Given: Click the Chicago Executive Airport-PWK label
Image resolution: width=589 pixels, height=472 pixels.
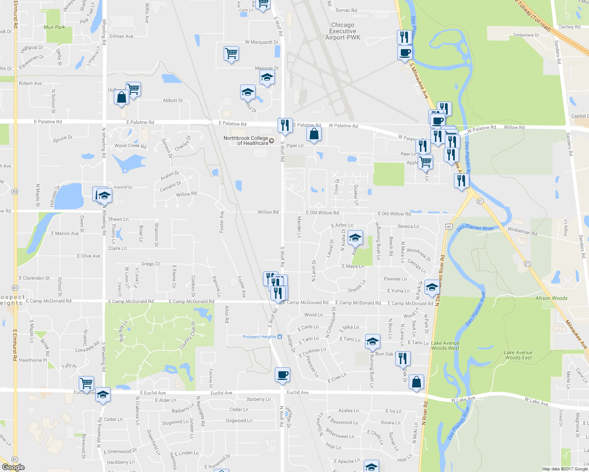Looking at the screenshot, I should (x=343, y=31).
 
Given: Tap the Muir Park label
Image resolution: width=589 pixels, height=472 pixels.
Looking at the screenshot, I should (x=54, y=27).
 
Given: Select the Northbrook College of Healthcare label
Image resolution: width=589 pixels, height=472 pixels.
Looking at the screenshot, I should (x=246, y=141).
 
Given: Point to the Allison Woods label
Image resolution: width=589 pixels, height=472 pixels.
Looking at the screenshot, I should (x=551, y=298).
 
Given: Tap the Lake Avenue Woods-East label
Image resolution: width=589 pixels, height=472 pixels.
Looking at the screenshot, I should (x=518, y=355).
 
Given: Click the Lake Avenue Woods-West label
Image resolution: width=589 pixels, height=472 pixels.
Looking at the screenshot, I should (x=445, y=346).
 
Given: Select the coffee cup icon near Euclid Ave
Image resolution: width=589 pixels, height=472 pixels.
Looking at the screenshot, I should (x=282, y=375).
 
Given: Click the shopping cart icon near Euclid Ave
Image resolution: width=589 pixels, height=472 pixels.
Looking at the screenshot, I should (x=86, y=383).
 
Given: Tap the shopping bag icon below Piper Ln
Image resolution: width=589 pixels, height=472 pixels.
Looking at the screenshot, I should (x=314, y=134).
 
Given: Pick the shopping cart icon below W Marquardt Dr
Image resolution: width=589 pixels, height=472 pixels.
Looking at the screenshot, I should (x=231, y=53).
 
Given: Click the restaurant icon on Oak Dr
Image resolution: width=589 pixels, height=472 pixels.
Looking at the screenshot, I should (x=402, y=359).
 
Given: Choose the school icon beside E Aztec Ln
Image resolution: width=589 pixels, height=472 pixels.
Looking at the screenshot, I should (x=355, y=238).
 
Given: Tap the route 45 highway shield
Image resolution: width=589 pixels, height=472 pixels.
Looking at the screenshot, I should (x=449, y=226).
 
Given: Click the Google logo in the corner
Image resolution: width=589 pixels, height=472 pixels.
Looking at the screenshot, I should (x=13, y=467).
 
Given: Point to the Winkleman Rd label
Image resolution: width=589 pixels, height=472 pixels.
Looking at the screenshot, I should (x=522, y=231).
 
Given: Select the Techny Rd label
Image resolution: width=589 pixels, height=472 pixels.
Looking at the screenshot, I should (x=569, y=27).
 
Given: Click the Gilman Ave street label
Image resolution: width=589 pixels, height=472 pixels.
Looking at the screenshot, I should (x=121, y=36).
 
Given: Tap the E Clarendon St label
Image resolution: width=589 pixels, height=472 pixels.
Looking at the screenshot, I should (x=34, y=278).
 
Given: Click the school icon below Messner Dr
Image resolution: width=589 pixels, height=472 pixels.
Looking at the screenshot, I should (x=267, y=77).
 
